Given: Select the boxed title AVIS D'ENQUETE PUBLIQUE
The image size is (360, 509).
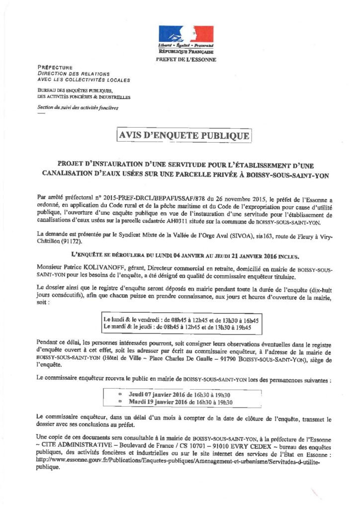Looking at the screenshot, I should click(x=183, y=135).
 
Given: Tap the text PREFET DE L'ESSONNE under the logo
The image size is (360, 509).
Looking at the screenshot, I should click(x=186, y=60).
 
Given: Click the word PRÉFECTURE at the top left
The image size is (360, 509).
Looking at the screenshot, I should click(x=55, y=68).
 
